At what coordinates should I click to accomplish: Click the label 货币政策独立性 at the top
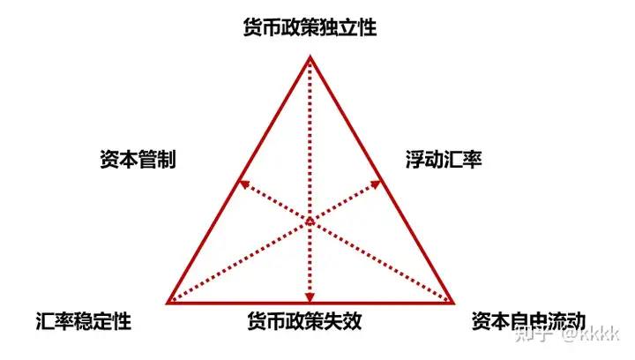(310, 28)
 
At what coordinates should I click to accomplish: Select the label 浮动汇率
(444, 161)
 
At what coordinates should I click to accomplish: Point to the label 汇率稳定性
(84, 321)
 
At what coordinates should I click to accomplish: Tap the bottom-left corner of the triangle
(168, 302)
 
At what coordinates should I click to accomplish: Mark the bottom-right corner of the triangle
(452, 302)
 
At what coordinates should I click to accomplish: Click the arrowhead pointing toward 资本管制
(242, 183)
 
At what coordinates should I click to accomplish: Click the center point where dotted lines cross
(310, 220)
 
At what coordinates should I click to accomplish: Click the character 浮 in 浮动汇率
(415, 161)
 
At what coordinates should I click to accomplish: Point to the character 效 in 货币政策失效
(352, 321)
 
